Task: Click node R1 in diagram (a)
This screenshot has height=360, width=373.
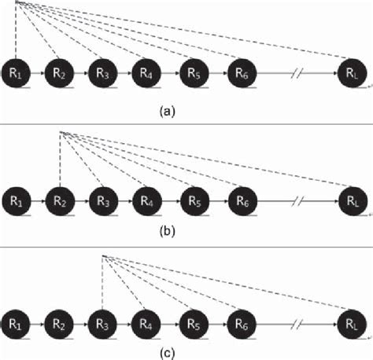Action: pyautogui.click(x=16, y=72)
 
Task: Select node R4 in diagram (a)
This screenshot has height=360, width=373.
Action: pyautogui.click(x=146, y=72)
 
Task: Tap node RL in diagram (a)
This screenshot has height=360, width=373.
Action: pyautogui.click(x=351, y=72)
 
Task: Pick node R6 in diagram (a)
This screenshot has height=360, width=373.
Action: pyautogui.click(x=241, y=72)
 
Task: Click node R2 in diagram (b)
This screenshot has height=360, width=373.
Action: pyautogui.click(x=60, y=197)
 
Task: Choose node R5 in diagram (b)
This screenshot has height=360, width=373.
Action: pyautogui.click(x=194, y=197)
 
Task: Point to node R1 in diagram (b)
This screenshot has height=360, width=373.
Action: pyautogui.click(x=16, y=197)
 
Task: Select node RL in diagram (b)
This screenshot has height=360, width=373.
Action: pyautogui.click(x=351, y=197)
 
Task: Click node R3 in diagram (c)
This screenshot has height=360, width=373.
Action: pyautogui.click(x=103, y=321)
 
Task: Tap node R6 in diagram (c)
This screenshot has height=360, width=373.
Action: pyautogui.click(x=241, y=321)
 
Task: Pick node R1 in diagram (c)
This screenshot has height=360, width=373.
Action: pyautogui.click(x=16, y=321)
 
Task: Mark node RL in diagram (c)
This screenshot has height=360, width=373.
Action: pyautogui.click(x=351, y=321)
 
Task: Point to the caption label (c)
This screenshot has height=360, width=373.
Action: pyautogui.click(x=166, y=352)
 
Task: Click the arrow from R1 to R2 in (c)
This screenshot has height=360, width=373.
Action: pyautogui.click(x=38, y=321)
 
